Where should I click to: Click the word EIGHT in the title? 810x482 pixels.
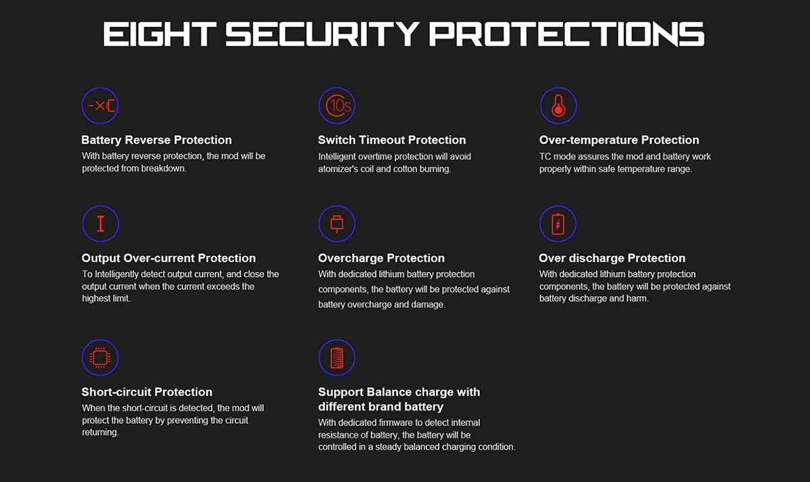tap(159, 34)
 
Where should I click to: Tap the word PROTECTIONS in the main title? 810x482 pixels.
tap(566, 34)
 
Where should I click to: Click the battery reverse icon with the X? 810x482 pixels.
tap(100, 105)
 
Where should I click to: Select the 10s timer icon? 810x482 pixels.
tap(337, 105)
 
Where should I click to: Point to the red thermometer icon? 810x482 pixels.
tap(558, 105)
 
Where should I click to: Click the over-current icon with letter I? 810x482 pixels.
tap(101, 223)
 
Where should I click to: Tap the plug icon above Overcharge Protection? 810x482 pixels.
tap(337, 223)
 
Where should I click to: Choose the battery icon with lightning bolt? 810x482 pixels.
tap(558, 223)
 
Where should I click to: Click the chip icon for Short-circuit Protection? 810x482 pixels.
tap(100, 358)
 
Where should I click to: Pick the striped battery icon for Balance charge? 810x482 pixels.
tap(337, 358)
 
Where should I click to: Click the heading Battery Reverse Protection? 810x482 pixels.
tap(156, 140)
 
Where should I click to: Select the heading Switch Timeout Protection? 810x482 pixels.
tap(392, 140)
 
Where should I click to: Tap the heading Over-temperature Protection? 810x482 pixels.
tap(619, 140)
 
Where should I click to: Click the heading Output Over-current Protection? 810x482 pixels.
tap(169, 258)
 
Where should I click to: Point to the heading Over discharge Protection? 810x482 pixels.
tap(612, 258)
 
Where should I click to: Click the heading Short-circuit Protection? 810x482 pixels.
tap(147, 392)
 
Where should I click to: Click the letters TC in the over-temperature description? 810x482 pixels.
tap(545, 157)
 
